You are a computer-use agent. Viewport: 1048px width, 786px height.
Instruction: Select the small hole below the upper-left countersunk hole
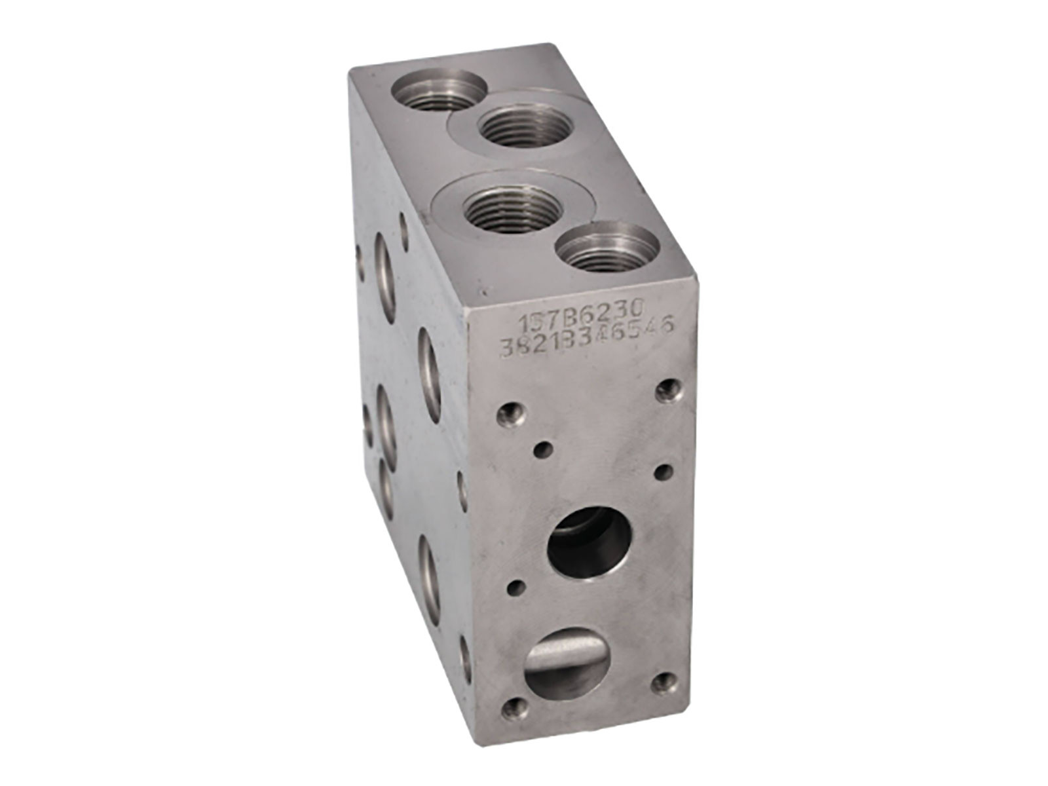coord(542,449)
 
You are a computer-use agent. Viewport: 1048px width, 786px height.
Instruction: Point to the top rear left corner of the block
coord(350,68)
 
